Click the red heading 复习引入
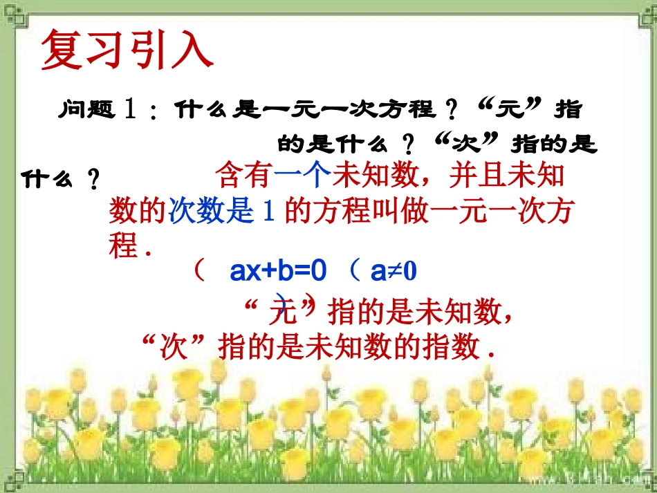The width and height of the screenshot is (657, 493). point(127,49)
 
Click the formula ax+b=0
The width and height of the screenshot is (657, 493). point(277,272)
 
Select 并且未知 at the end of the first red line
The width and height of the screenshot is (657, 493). point(506,176)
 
